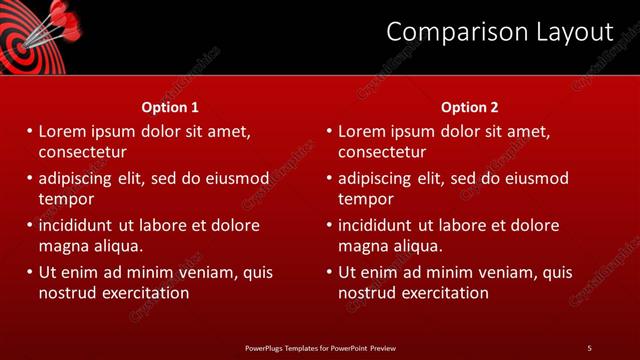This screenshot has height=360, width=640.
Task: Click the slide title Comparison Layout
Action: (499, 33)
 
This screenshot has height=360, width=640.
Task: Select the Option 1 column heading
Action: (170, 107)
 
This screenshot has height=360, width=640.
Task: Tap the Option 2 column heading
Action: (469, 107)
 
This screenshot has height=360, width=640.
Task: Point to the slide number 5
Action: (589, 347)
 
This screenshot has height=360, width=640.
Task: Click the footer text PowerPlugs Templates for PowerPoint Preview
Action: (320, 347)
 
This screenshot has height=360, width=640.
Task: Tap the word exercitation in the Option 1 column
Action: (144, 293)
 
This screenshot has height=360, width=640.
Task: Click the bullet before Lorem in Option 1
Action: (30, 131)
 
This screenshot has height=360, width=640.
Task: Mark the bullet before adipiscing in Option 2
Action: (330, 178)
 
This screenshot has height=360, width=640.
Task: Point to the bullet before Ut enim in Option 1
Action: (30, 272)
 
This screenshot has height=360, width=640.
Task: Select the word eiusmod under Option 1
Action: (236, 178)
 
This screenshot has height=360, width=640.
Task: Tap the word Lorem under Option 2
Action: (362, 131)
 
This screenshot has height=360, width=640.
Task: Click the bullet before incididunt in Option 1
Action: (30, 225)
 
